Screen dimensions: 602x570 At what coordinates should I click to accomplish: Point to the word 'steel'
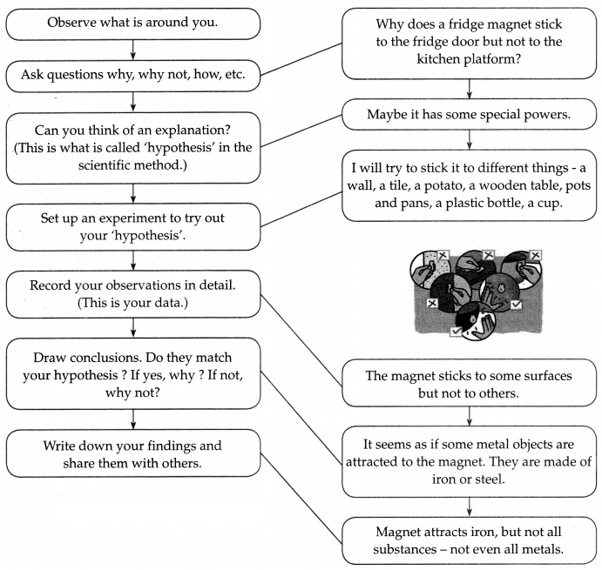click(489, 479)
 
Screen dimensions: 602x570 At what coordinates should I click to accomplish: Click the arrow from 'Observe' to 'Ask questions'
click(132, 50)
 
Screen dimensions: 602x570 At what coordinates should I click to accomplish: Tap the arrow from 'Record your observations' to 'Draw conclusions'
click(132, 327)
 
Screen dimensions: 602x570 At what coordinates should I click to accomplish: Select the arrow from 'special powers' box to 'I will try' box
click(470, 139)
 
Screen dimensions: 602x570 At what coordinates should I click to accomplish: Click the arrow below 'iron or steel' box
click(470, 507)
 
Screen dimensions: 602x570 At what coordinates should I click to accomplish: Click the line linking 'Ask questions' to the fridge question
click(301, 59)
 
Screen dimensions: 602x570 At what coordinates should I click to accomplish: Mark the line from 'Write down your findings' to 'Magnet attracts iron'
click(301, 499)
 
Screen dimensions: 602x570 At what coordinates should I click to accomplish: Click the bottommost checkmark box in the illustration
click(456, 331)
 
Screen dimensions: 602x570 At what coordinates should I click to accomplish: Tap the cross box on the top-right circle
click(535, 255)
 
